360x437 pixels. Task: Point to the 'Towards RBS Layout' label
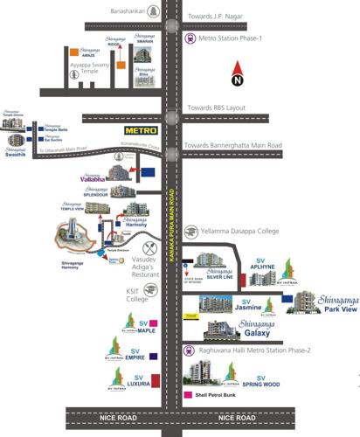pyautogui.click(x=219, y=108)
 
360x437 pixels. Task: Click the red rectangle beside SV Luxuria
pyautogui.click(x=156, y=380)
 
